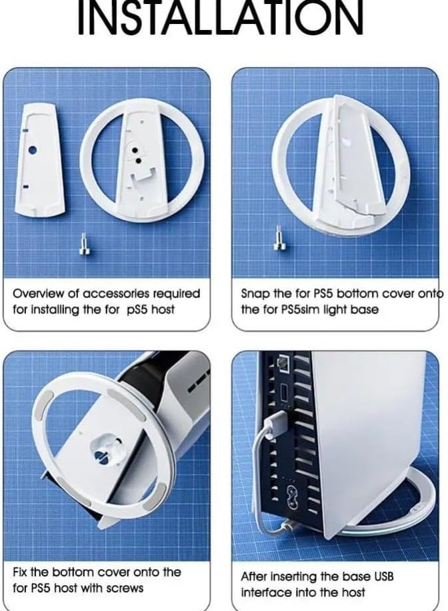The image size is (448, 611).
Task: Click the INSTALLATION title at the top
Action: pyautogui.click(x=221, y=18)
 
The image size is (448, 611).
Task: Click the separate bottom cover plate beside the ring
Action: pyautogui.click(x=39, y=160)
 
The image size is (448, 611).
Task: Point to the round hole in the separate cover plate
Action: pyautogui.click(x=32, y=150)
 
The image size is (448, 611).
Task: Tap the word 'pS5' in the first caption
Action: pyautogui.click(x=137, y=310)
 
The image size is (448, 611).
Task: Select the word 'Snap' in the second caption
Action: pyautogui.click(x=253, y=293)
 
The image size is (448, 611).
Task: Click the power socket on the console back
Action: pyautogui.click(x=291, y=494)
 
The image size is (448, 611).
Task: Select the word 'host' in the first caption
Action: pyautogui.click(x=163, y=310)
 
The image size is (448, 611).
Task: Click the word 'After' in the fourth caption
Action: pyautogui.click(x=254, y=576)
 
